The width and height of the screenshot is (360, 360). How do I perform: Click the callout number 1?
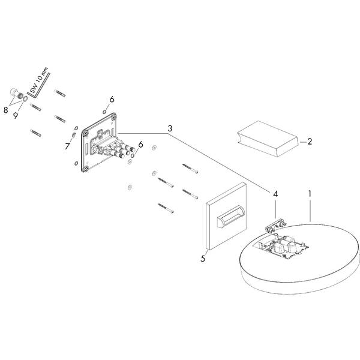(310, 196)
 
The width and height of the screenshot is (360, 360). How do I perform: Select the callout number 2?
(310, 142)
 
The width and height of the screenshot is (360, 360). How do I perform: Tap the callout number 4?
(275, 194)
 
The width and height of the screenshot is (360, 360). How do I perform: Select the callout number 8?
(6, 110)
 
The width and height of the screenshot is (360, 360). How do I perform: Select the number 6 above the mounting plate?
(112, 98)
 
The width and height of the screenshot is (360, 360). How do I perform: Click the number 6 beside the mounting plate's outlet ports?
(140, 145)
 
